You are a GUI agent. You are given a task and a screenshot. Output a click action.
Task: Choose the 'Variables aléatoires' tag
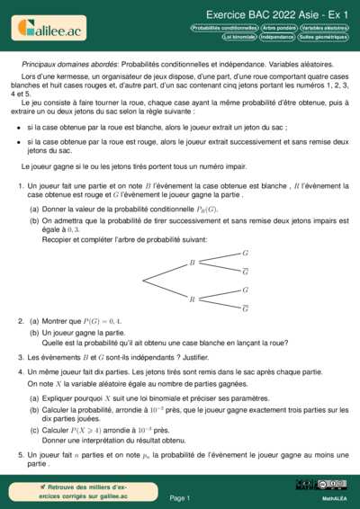(325, 28)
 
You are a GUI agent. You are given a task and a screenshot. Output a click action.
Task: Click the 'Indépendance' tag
(283, 38)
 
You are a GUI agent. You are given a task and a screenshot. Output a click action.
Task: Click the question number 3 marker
(20, 357)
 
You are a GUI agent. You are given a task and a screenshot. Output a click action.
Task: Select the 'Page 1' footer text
(180, 497)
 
